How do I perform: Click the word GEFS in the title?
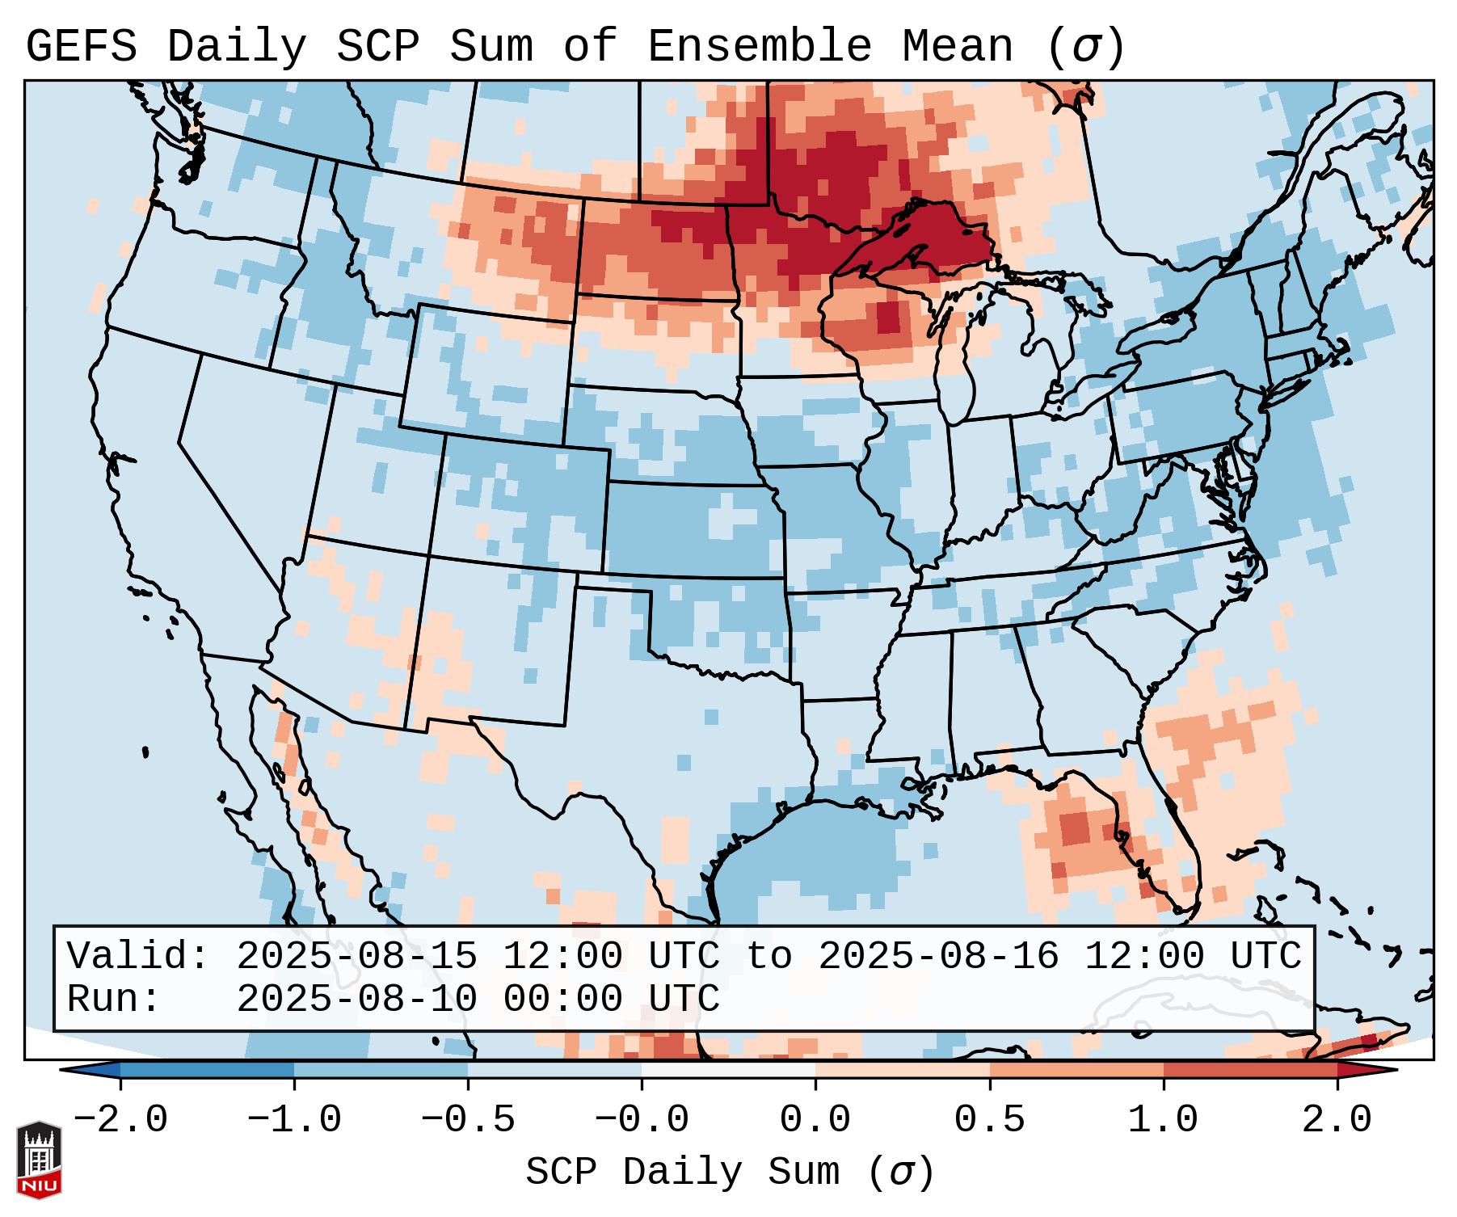pyautogui.click(x=81, y=47)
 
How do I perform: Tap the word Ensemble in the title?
pyautogui.click(x=759, y=47)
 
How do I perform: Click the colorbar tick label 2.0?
pyautogui.click(x=1337, y=1119)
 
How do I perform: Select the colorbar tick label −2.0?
pyautogui.click(x=120, y=1119)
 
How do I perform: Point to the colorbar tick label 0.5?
pyautogui.click(x=990, y=1119)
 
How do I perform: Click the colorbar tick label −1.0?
pyautogui.click(x=294, y=1119)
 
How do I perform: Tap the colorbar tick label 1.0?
pyautogui.click(x=1164, y=1119)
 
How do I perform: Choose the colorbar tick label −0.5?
pyautogui.click(x=468, y=1119)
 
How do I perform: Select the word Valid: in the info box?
pyautogui.click(x=138, y=957)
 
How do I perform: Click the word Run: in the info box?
pyautogui.click(x=114, y=999)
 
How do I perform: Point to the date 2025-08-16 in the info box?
pyautogui.click(x=938, y=957)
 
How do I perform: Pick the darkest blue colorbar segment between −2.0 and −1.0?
pyautogui.click(x=207, y=1070)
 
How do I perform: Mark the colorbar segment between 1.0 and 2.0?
pyautogui.click(x=1250, y=1070)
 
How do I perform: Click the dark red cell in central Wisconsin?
pyautogui.click(x=888, y=316)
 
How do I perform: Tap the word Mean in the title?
pyautogui.click(x=958, y=47)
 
